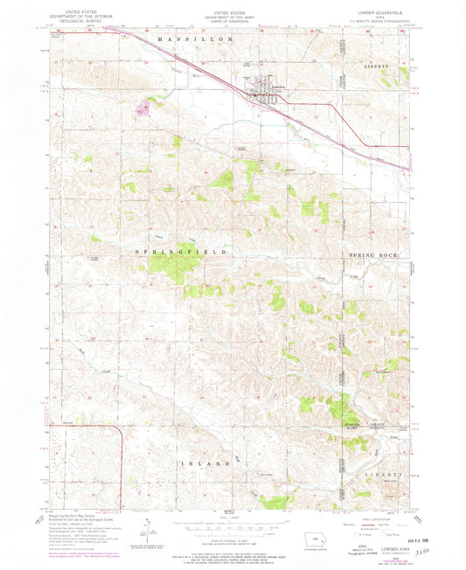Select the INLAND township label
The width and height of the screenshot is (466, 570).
[205, 462]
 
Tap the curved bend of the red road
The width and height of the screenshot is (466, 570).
[115, 430]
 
